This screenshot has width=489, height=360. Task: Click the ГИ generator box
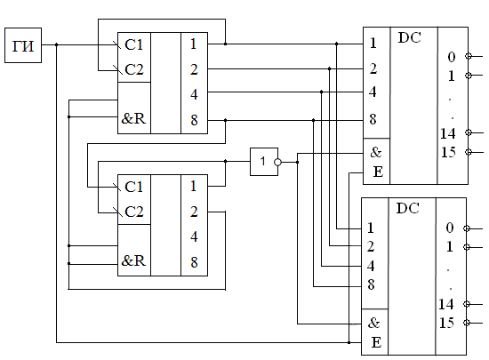point(23,45)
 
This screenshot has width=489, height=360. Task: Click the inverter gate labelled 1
point(264,162)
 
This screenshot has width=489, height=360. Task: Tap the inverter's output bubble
point(277,162)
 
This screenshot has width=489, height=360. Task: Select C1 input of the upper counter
point(133,44)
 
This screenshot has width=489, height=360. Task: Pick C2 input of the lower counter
point(133,212)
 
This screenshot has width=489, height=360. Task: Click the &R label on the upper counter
point(133,118)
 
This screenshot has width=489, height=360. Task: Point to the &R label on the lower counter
point(133,260)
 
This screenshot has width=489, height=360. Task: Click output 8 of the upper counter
point(194,120)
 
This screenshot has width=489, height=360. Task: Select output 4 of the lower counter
point(194,236)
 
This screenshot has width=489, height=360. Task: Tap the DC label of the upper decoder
point(410,37)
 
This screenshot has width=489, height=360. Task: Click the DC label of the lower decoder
point(407,208)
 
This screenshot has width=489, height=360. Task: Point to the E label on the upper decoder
point(378,172)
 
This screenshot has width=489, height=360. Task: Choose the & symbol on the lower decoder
point(373,323)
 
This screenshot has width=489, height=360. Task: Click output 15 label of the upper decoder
point(448,152)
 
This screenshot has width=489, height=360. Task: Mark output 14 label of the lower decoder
point(446,304)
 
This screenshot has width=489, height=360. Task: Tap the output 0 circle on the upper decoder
point(468,56)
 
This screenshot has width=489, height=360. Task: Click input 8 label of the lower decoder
point(371,284)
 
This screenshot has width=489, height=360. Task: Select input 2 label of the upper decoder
point(373,68)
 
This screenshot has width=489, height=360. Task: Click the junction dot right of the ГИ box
point(56,44)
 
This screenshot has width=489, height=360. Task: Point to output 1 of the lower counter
point(193,186)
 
